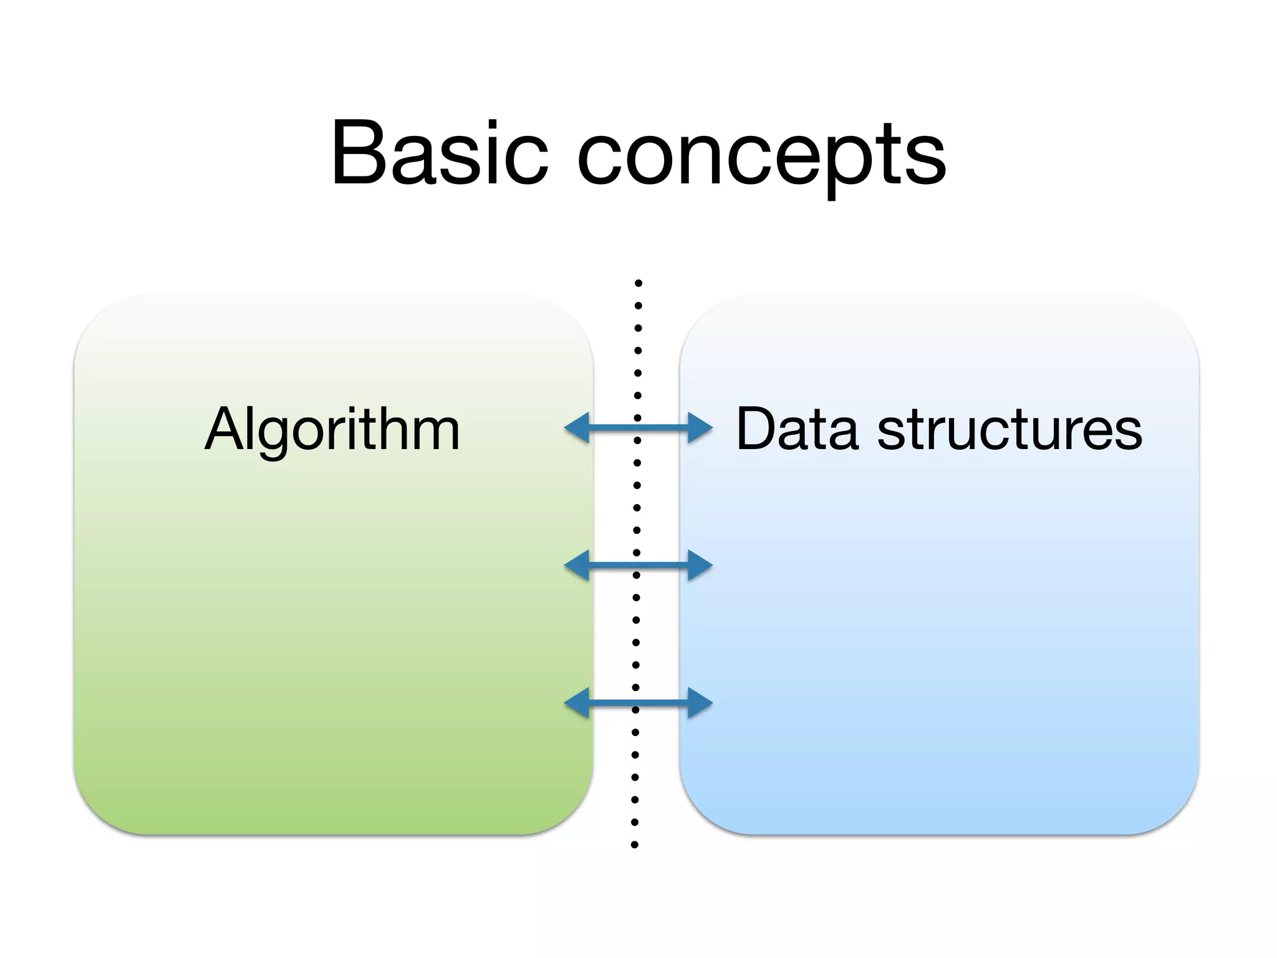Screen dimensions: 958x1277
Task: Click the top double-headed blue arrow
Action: [638, 428]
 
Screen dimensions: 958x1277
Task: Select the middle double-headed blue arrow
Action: [638, 565]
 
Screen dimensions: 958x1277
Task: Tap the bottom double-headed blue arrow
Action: [638, 704]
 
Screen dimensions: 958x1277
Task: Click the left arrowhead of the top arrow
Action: [577, 428]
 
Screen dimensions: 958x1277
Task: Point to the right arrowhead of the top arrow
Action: [700, 428]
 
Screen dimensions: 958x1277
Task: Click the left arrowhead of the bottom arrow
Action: [577, 704]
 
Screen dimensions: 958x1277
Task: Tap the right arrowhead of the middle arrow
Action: [700, 565]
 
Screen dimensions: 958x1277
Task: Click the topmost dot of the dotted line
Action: [638, 283]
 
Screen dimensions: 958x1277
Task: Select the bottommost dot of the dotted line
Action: [635, 845]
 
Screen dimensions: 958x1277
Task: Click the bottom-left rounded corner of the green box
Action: [94, 814]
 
